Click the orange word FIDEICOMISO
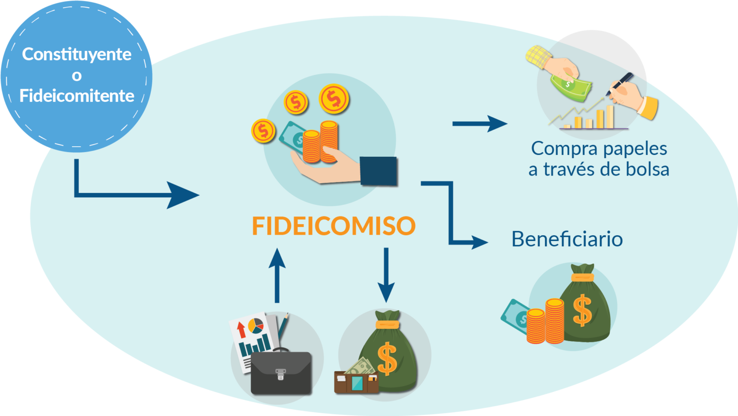pyautogui.click(x=333, y=226)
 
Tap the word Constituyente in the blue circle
pyautogui.click(x=77, y=54)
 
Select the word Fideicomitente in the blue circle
pyautogui.click(x=77, y=96)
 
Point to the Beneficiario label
pyautogui.click(x=567, y=239)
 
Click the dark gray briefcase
pyautogui.click(x=281, y=373)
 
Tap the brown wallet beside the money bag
pyautogui.click(x=356, y=383)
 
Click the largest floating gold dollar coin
pyautogui.click(x=333, y=99)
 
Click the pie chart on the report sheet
pyautogui.click(x=256, y=326)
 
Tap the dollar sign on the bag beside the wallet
pyautogui.click(x=387, y=358)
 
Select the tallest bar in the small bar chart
pyautogui.click(x=610, y=116)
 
